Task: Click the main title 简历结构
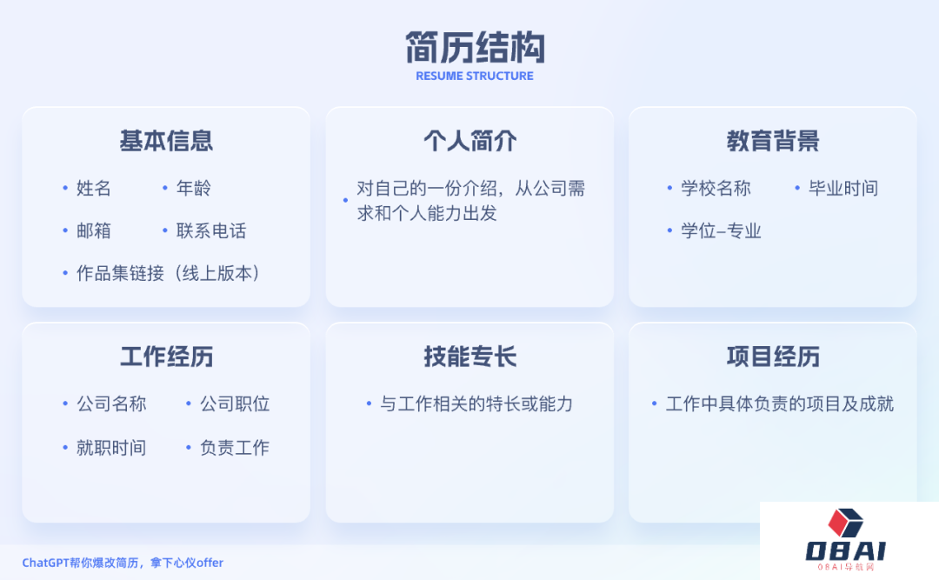(475, 48)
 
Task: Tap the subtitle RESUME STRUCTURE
(475, 77)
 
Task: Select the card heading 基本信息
(166, 141)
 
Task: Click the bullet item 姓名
(93, 188)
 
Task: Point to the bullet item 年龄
(193, 188)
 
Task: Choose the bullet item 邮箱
(93, 230)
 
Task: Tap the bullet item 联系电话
(210, 230)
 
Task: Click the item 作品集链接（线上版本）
(169, 273)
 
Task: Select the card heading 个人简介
(470, 141)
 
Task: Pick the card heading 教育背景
(773, 141)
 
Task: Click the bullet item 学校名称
(716, 188)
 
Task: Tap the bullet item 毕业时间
(843, 188)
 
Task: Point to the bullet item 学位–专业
(721, 230)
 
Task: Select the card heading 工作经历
(166, 357)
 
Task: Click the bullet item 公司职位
(235, 403)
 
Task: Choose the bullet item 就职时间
(111, 448)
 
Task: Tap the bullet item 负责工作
(235, 448)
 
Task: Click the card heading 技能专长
(470, 357)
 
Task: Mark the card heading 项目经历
(773, 357)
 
